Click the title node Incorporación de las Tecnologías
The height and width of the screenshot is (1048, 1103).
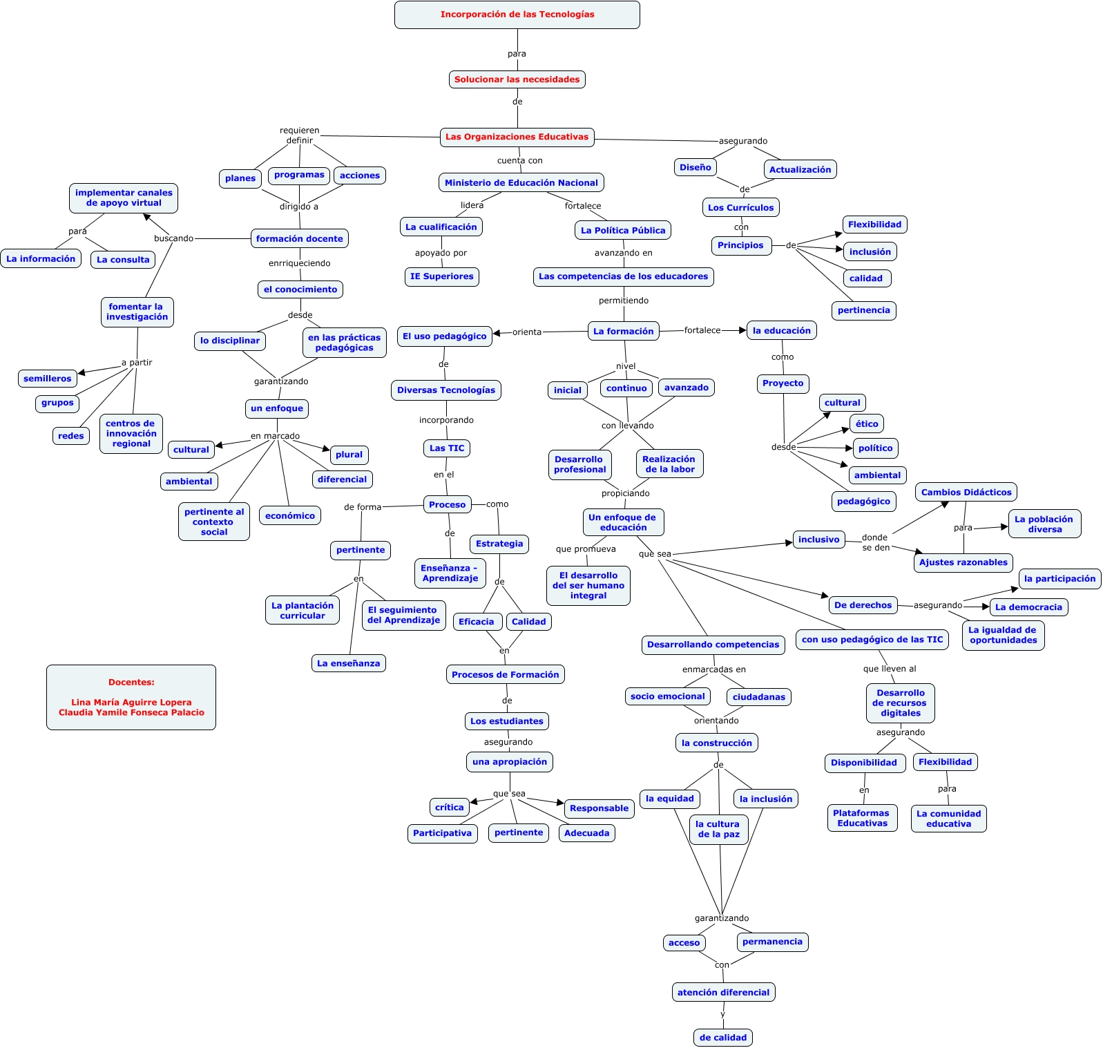coord(517,15)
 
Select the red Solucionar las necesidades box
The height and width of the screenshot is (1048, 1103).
coord(517,79)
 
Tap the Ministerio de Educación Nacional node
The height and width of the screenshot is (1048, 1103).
coord(521,183)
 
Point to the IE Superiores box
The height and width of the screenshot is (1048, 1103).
coord(441,276)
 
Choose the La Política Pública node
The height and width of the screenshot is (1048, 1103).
coord(622,230)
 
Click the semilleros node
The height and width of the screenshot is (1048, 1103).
coord(47,379)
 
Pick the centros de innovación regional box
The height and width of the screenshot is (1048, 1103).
coord(131,434)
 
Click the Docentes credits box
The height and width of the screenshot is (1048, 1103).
coord(131,697)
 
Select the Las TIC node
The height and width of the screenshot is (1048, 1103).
coord(446,448)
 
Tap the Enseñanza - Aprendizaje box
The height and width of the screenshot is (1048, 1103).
coord(450,573)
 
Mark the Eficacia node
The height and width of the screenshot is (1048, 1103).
coord(476,622)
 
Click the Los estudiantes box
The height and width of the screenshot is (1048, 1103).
coord(506,721)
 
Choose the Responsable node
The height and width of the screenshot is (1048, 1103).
coord(599,808)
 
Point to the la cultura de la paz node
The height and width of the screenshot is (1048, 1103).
coord(718,829)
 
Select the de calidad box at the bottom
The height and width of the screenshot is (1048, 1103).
coord(722,1038)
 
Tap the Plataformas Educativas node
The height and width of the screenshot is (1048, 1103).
coord(861,818)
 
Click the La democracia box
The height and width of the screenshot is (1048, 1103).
coord(1028,607)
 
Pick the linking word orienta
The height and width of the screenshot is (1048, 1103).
coord(527,332)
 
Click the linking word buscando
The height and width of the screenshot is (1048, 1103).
coord(173,238)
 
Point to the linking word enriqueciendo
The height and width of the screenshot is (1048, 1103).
coord(299,263)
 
